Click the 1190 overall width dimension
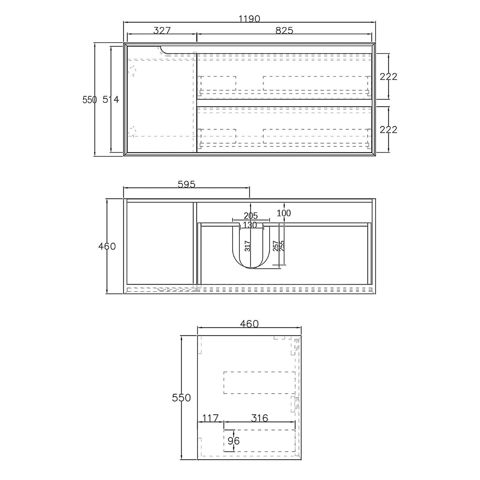click(249, 19)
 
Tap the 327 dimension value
click(162, 31)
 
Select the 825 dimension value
click(284, 31)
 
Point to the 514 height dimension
click(111, 100)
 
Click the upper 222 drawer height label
click(388, 77)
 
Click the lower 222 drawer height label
click(388, 130)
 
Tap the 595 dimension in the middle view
click(187, 184)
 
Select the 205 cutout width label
click(251, 216)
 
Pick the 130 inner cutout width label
click(250, 225)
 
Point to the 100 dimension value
click(284, 213)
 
